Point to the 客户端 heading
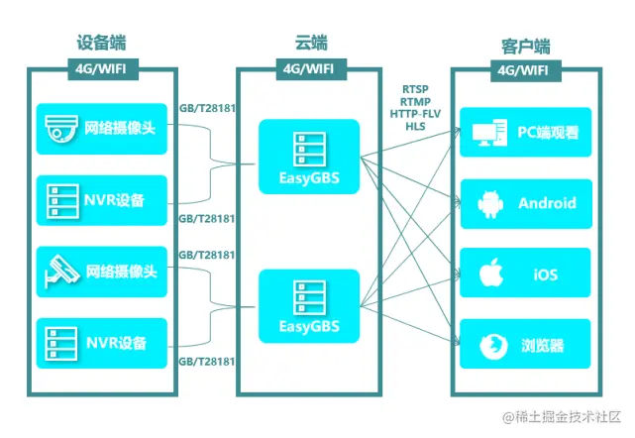coord(526,46)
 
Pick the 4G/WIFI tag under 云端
coord(310,69)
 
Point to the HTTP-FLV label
coord(417,113)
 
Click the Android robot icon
coord(488,203)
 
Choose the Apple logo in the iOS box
coord(488,273)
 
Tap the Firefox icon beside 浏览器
coord(488,346)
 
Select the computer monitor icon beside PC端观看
coord(488,132)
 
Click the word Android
coord(547,203)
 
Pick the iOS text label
coord(545,274)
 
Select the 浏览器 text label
coord(544,346)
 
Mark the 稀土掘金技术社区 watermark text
coord(570,417)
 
